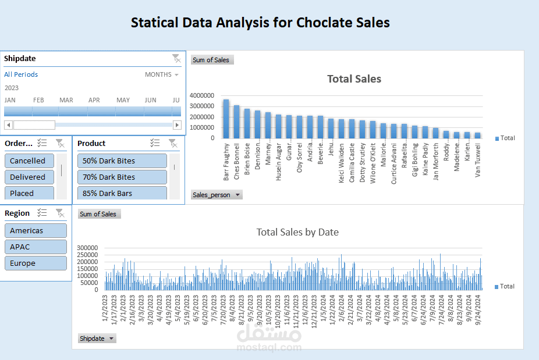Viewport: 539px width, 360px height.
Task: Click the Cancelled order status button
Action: (29, 161)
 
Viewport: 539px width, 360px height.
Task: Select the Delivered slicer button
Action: (29, 177)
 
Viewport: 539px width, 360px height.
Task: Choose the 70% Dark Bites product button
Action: (122, 177)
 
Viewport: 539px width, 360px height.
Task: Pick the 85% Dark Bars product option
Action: (122, 193)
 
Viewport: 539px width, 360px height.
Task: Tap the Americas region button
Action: (36, 230)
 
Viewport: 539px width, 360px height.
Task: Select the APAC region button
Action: (36, 247)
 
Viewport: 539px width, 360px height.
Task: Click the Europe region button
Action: (36, 263)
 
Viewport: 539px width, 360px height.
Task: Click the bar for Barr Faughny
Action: (226, 119)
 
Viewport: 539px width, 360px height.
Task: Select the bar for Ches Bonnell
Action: (236, 122)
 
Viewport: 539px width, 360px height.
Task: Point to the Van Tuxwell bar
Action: (477, 135)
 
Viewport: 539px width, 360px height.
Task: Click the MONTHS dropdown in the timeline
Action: (162, 74)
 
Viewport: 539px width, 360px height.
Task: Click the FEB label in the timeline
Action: (38, 100)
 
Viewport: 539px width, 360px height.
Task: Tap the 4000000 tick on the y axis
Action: (202, 95)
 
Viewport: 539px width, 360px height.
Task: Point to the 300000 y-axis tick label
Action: (88, 247)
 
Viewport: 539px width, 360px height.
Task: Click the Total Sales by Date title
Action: (297, 232)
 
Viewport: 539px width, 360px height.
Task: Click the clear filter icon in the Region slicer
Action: (60, 213)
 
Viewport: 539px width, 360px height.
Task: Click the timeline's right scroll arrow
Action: (177, 124)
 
